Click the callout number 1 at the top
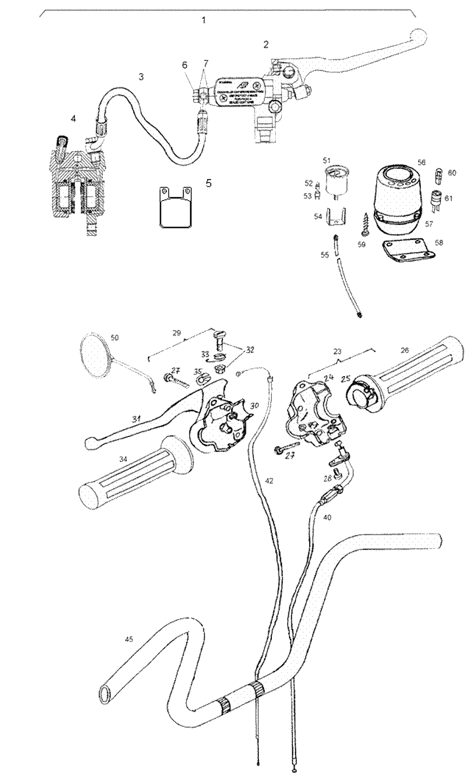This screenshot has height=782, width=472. click(x=203, y=20)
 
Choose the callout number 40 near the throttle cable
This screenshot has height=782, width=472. click(x=327, y=517)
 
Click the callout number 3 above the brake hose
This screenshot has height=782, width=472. click(x=141, y=76)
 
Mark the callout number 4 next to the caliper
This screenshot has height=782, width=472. click(x=72, y=118)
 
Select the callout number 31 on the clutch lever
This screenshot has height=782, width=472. click(x=137, y=418)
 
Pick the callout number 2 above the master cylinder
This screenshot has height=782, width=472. click(x=266, y=45)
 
